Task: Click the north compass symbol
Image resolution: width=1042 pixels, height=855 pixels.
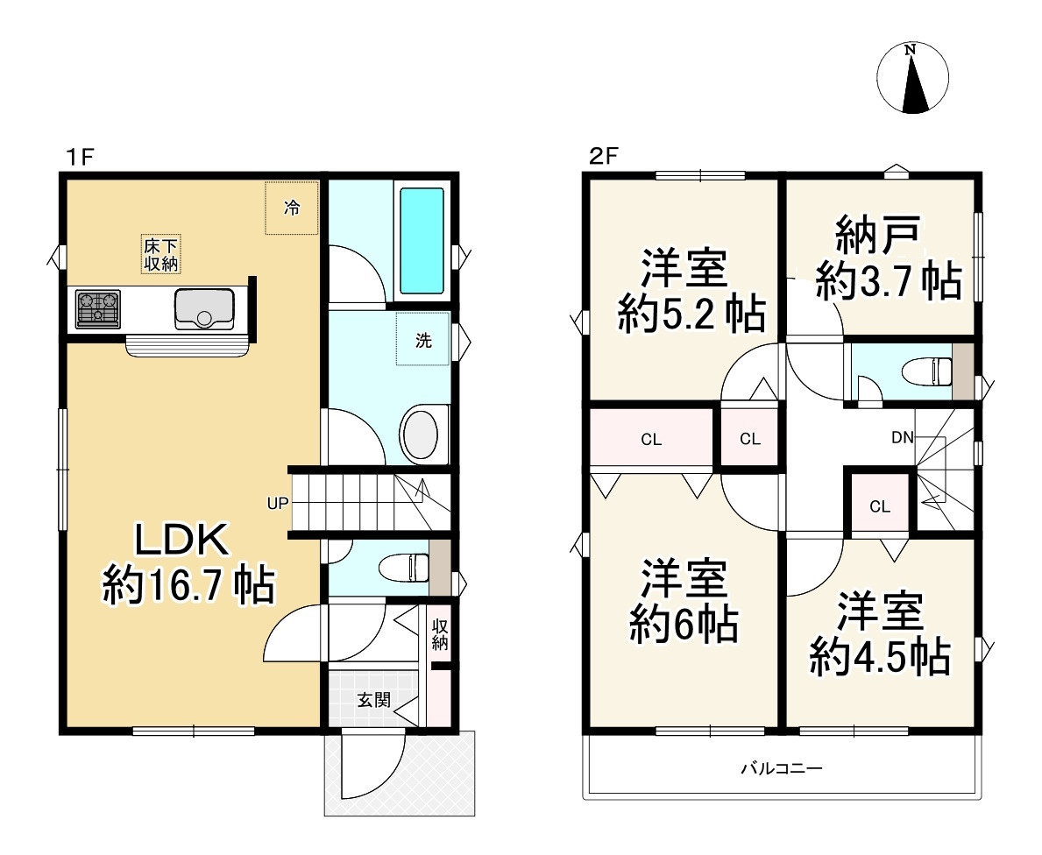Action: [912, 78]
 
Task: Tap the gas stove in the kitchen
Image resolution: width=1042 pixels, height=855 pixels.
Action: [97, 309]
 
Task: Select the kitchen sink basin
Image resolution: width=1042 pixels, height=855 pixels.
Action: [204, 309]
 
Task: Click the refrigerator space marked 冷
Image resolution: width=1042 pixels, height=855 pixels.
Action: [292, 208]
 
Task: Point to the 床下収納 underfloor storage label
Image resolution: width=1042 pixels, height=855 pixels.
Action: [161, 254]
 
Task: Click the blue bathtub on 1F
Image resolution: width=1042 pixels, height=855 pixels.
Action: [422, 241]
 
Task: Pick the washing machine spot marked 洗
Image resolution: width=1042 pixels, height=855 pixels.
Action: [423, 340]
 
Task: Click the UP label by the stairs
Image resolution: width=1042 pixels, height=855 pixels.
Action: [278, 504]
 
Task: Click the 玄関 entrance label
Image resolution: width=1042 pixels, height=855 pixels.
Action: [373, 700]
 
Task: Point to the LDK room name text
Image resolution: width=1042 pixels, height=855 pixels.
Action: [182, 540]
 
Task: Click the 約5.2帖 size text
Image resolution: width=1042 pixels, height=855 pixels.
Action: [691, 313]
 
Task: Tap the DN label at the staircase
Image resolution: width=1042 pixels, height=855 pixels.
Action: [903, 437]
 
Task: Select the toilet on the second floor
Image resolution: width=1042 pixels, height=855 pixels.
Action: [928, 372]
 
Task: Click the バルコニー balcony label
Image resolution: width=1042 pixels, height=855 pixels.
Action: [782, 768]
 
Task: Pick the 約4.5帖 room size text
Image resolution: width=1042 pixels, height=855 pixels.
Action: [881, 656]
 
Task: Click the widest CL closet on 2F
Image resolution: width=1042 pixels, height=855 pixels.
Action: [651, 439]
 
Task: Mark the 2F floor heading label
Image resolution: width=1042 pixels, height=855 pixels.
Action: [604, 156]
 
